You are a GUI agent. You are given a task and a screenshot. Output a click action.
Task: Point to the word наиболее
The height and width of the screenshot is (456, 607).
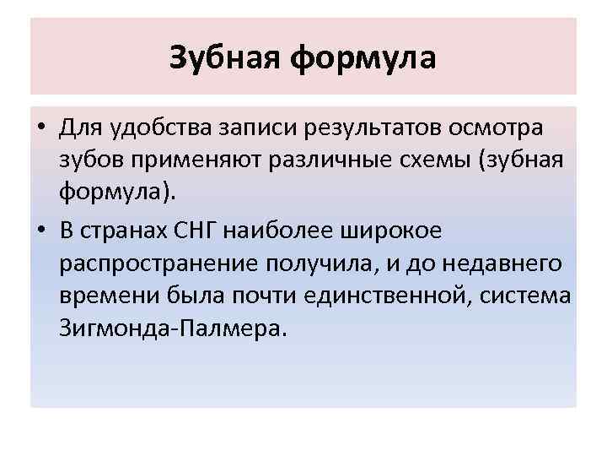tap(311, 231)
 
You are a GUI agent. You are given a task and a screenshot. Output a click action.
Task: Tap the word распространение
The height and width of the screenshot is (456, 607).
tap(159, 264)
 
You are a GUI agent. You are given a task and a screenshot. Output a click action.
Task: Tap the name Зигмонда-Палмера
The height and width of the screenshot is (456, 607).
tap(174, 328)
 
